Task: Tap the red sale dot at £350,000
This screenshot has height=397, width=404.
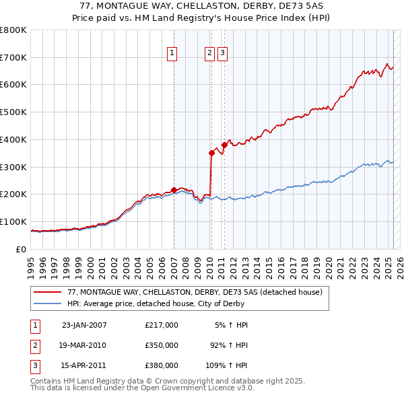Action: tap(211, 153)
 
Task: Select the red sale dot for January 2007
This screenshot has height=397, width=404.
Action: tap(174, 190)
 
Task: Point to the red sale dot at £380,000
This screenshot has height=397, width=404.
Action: tap(224, 145)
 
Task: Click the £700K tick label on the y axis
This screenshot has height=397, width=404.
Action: tap(13, 57)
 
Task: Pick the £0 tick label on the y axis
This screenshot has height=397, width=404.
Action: tap(21, 249)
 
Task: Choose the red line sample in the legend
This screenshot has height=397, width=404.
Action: tap(48, 292)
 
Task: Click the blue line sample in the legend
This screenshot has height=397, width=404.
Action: tap(48, 303)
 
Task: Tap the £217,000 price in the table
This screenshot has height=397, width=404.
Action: tap(161, 325)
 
